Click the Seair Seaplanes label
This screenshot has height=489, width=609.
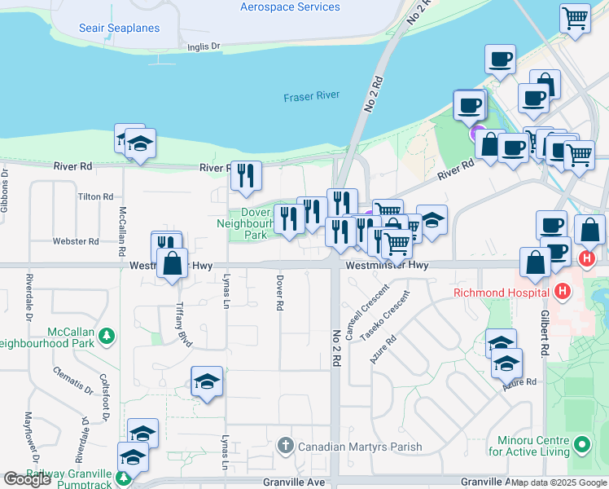point(119,28)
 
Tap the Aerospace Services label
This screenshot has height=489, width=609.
point(290,7)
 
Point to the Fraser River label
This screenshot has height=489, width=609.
point(311,96)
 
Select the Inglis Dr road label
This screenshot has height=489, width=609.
point(204,47)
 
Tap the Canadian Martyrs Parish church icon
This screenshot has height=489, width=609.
point(284,446)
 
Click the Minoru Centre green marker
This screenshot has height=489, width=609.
point(581,446)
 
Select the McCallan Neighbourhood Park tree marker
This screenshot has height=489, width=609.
point(105,335)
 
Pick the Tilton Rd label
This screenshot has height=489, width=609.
point(95,197)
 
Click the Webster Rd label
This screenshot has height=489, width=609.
point(81,241)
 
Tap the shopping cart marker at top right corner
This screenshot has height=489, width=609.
point(576,18)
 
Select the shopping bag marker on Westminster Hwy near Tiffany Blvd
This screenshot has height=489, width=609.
point(172,264)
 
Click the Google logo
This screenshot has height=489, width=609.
point(27,479)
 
